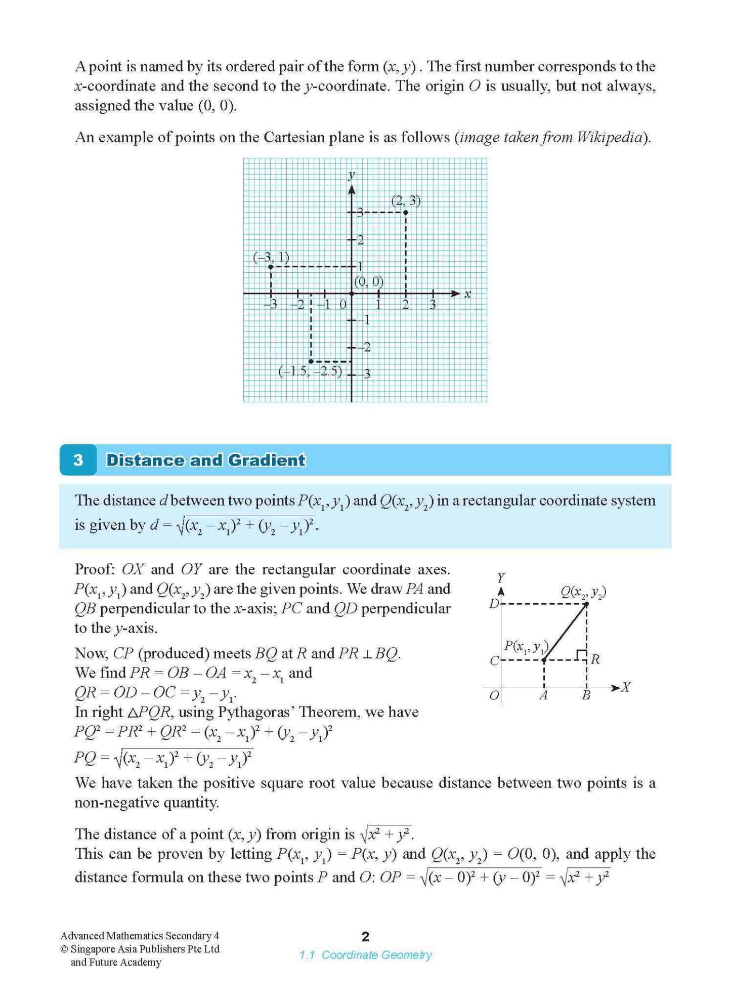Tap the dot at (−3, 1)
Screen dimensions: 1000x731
pos(271,267)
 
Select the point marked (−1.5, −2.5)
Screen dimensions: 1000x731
pos(311,361)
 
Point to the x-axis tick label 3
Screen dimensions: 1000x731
pos(433,305)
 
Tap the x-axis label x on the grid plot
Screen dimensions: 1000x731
pos(468,294)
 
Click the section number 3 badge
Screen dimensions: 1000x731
pos(78,460)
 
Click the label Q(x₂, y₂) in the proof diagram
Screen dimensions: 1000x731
pos(583,592)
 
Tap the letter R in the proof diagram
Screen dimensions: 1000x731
pos(595,659)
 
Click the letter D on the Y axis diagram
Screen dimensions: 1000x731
pos(494,604)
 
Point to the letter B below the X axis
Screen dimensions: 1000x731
pos(586,696)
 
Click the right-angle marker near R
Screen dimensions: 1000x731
pos(581,655)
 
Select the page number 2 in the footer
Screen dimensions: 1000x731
pos(366,936)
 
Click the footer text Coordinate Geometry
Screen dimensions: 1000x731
pos(377,955)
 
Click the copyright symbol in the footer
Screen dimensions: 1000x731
pos(64,949)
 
